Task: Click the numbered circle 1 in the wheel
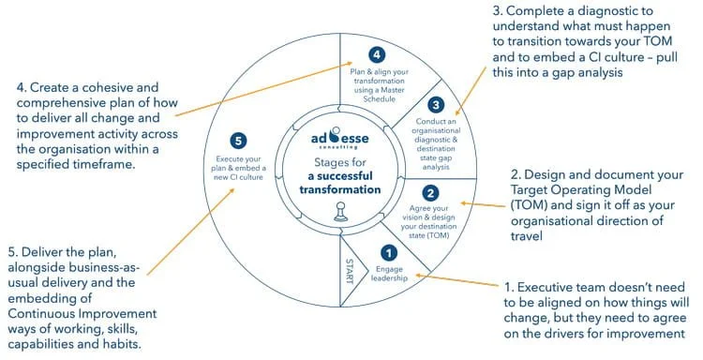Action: pos(388,252)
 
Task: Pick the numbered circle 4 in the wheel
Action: pos(377,54)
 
